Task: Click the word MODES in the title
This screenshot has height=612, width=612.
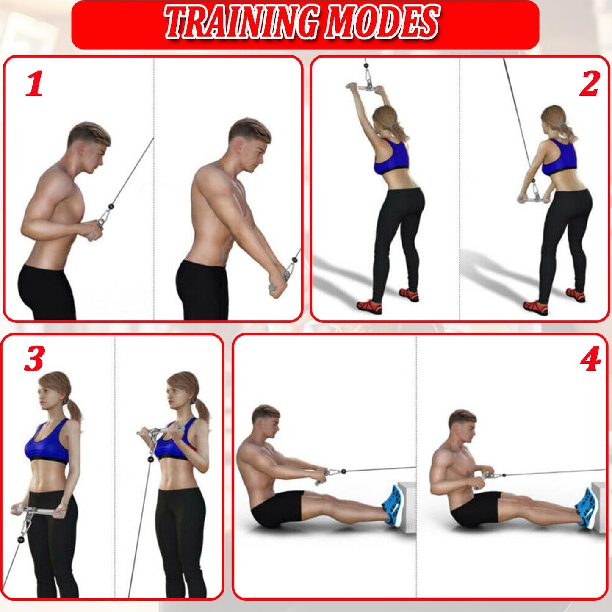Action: click(381, 22)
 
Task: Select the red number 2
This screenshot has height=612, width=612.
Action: click(589, 84)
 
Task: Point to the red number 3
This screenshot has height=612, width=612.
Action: click(34, 358)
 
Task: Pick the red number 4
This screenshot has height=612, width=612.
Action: click(590, 358)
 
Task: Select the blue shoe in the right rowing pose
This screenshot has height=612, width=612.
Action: click(585, 508)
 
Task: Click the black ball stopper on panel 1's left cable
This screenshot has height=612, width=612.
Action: click(111, 207)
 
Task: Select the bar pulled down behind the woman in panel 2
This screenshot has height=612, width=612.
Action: click(533, 197)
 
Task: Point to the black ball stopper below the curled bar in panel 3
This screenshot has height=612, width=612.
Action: click(150, 458)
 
